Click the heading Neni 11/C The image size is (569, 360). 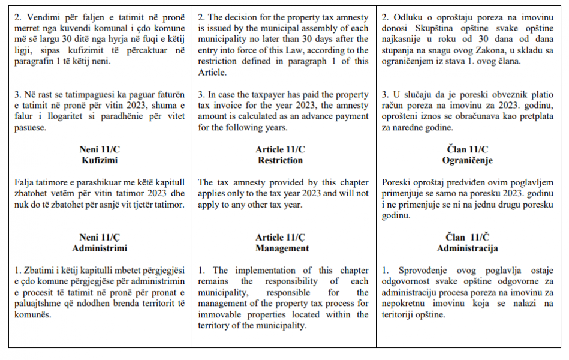click(100, 149)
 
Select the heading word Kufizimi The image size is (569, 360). click(100, 160)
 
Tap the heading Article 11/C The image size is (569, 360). click(280, 149)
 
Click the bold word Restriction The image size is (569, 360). click(280, 160)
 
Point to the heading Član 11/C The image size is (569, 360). click(467, 149)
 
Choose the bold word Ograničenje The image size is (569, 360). click(467, 160)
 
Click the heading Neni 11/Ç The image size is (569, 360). click(100, 237)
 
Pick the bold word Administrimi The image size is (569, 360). click(100, 248)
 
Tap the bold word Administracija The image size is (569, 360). click(467, 248)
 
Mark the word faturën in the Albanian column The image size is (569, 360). click(171, 95)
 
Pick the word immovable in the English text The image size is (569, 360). click(220, 314)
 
